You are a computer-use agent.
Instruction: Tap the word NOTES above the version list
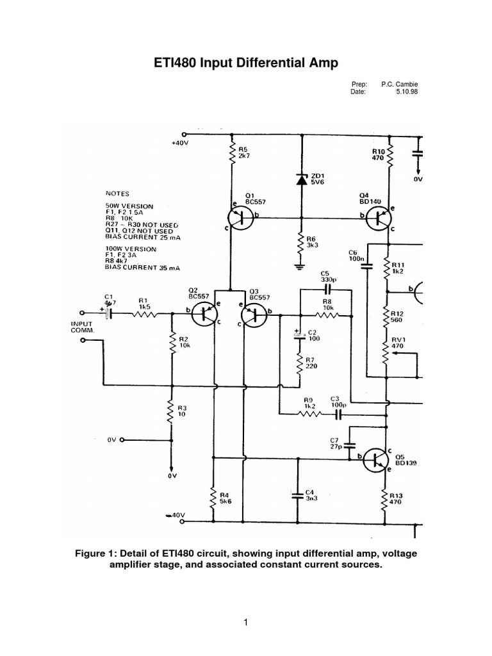click(118, 192)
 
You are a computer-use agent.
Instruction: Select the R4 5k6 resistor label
click(225, 498)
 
